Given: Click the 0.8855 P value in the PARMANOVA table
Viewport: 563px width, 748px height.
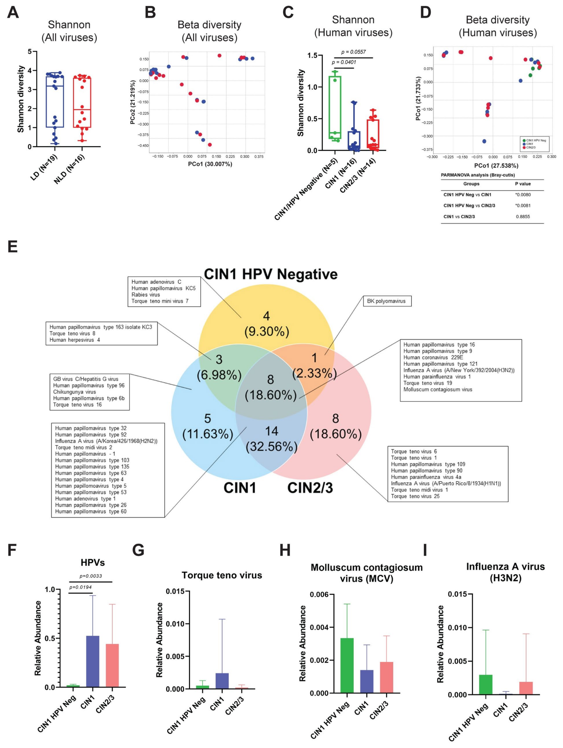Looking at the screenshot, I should pos(523,216).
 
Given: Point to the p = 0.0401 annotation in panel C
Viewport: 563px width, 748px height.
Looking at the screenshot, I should pos(344,62).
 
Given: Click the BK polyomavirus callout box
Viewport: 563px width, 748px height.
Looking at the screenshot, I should pos(387,301).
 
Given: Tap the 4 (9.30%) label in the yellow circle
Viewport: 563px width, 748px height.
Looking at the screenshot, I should pos(267,324).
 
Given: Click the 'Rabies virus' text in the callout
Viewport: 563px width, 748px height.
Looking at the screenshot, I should pos(146,294).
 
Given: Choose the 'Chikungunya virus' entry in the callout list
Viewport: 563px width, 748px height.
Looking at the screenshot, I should pos(74,392).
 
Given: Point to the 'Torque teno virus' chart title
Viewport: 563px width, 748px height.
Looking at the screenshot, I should pos(222,575).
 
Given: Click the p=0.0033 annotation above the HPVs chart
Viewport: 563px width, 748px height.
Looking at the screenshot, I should pos(90,576).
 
